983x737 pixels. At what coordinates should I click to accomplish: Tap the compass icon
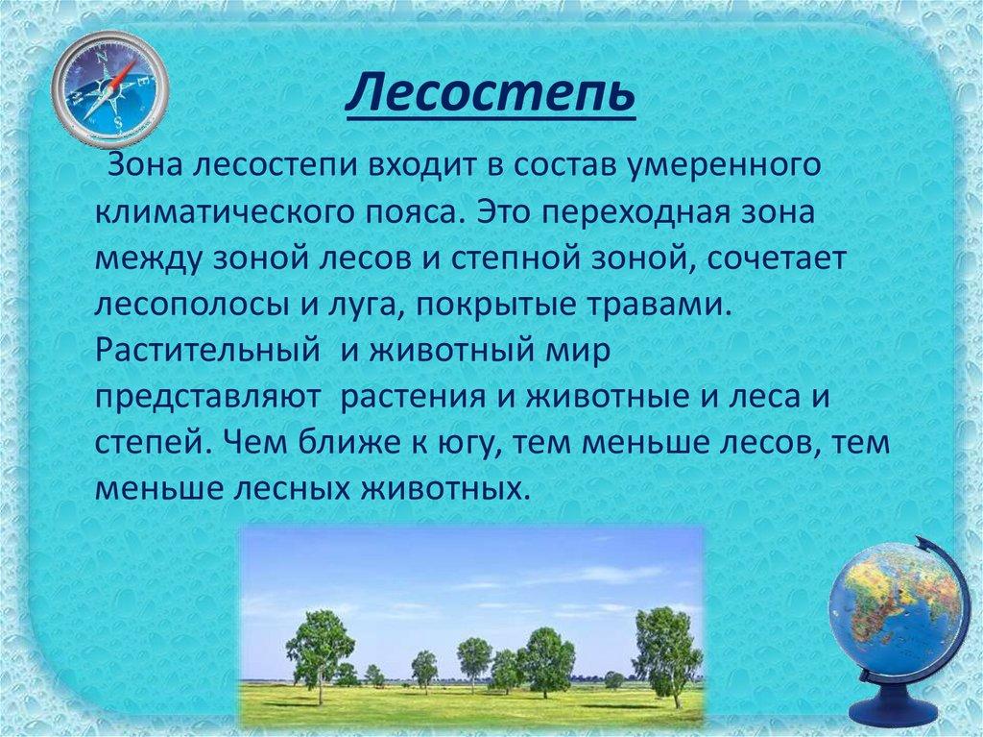pos(109,88)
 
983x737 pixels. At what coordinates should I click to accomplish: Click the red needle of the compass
pos(124,75)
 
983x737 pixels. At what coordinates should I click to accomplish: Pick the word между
pos(150,259)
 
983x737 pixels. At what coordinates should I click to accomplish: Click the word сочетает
pos(778,258)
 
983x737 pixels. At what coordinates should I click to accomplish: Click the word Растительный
pos(207,351)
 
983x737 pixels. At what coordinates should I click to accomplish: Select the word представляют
pos(207,398)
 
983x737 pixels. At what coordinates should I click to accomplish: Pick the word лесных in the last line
pos(289,489)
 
